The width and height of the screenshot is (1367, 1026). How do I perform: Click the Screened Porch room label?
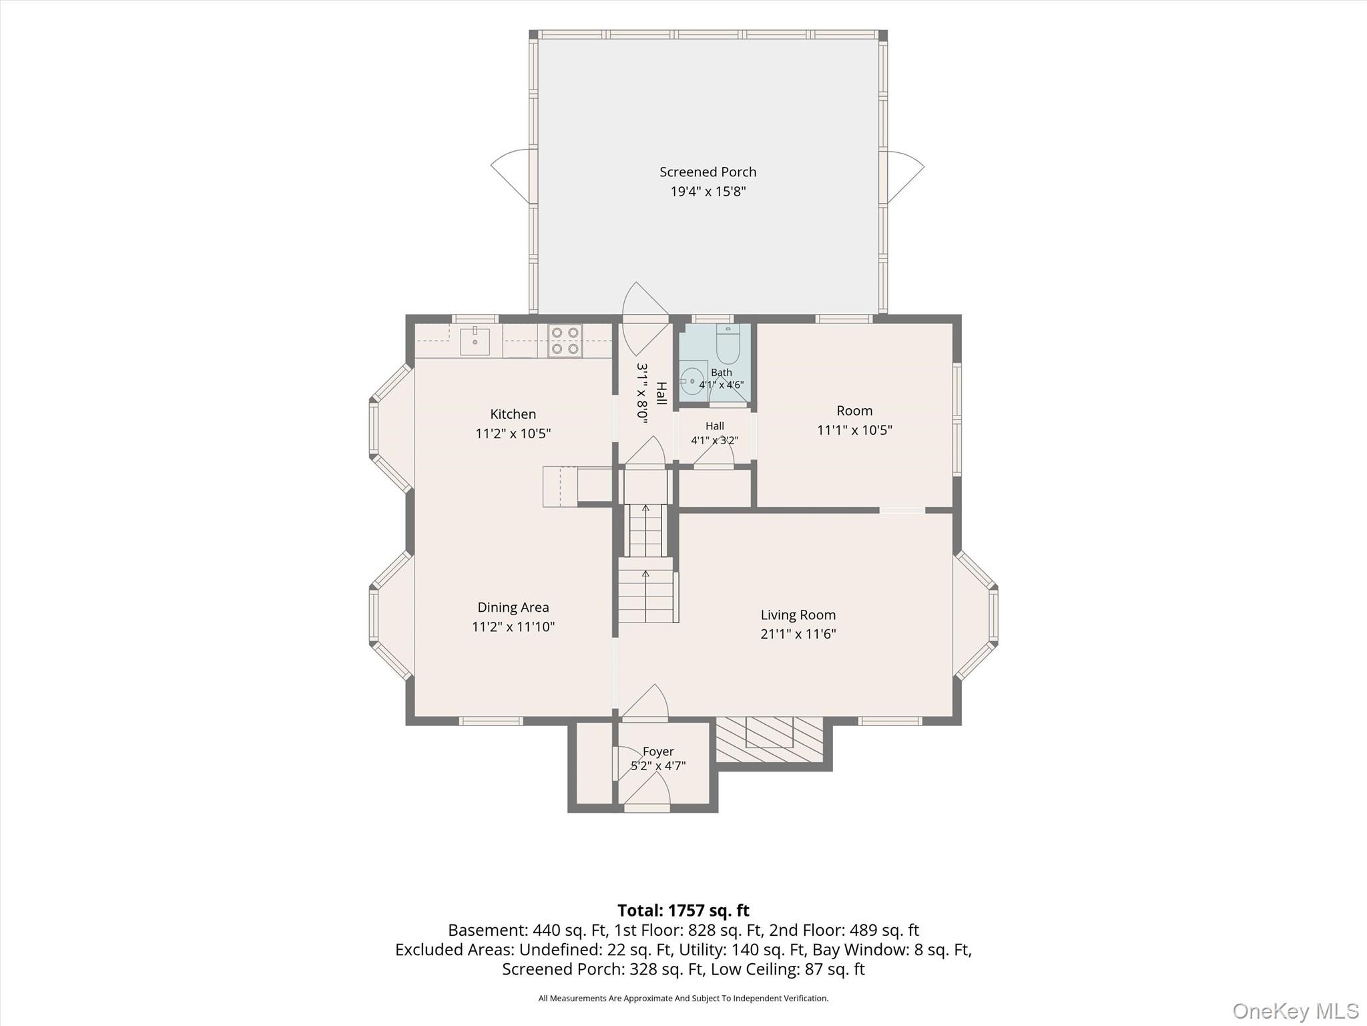708,172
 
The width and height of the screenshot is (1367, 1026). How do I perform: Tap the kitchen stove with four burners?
565,341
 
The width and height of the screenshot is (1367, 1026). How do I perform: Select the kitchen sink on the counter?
475,341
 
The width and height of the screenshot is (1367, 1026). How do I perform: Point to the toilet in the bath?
728,345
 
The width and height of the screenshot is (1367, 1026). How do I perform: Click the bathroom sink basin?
693,381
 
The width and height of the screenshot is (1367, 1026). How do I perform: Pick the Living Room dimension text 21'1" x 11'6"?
798,634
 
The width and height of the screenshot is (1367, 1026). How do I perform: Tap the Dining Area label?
513,607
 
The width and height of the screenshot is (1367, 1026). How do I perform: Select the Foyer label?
658,751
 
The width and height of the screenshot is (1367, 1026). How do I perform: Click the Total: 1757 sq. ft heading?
683,910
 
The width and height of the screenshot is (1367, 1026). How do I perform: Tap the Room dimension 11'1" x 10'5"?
854,430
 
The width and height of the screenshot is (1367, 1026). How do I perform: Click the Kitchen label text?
513,414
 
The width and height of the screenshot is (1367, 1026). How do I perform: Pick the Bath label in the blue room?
722,373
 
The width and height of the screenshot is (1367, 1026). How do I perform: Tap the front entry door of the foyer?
646,794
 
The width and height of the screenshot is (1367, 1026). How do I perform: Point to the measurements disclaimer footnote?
683,998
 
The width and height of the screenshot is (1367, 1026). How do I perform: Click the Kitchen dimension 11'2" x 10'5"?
513,434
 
